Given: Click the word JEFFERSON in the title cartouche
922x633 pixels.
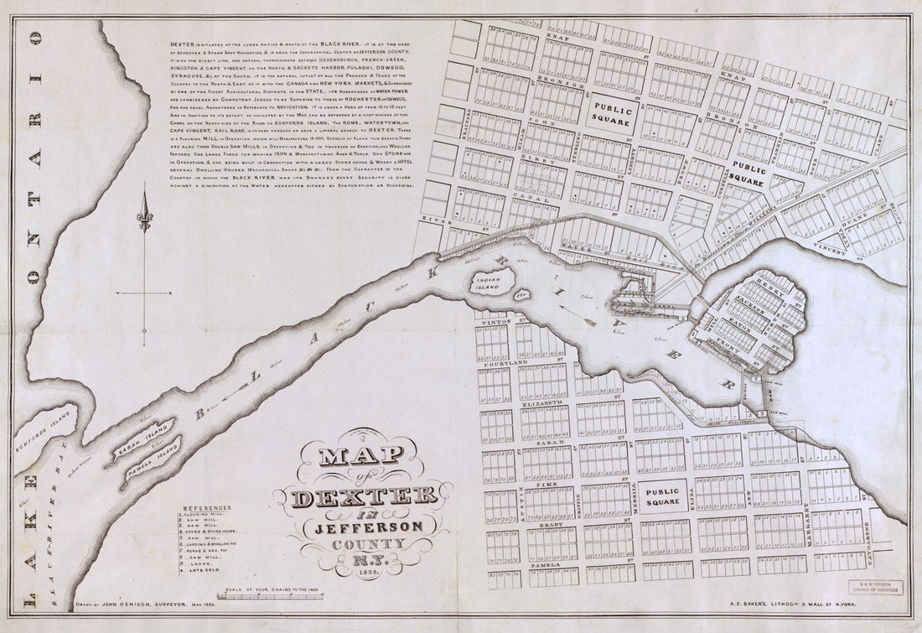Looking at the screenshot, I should (x=370, y=526).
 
